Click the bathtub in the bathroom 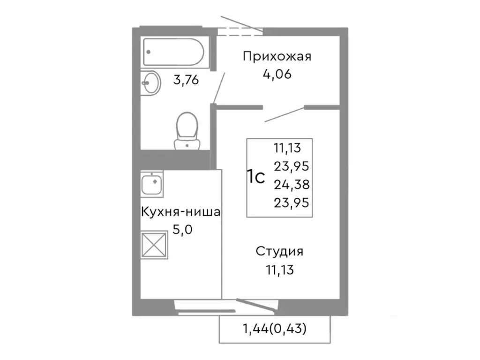click(173, 52)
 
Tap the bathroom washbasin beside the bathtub click(151, 83)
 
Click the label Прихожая click(277, 57)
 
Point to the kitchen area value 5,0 click(180, 230)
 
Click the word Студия click(279, 252)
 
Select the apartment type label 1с click(256, 178)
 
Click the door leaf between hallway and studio click(285, 114)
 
